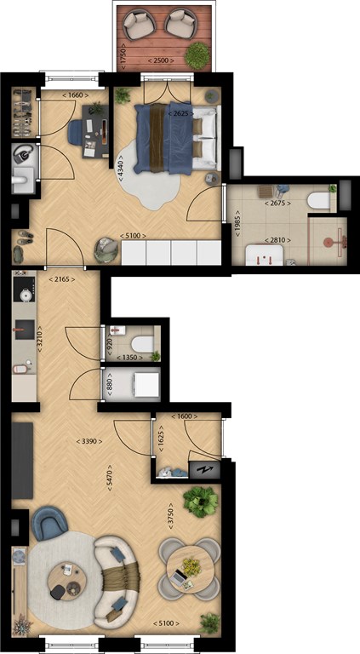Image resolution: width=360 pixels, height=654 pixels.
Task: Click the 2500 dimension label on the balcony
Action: pos(161,61)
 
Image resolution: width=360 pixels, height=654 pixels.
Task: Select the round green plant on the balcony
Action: pos(197,55)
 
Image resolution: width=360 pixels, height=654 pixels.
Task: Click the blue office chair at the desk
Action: pos(77,132)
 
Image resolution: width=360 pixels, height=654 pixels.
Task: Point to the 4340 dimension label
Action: pos(120,168)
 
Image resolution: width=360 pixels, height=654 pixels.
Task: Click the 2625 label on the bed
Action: pos(180,114)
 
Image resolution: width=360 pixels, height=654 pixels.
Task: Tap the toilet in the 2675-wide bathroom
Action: pos(319,202)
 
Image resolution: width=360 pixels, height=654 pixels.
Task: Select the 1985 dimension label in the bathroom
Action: pos(238,224)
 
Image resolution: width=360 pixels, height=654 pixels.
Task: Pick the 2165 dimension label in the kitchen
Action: pos(62,279)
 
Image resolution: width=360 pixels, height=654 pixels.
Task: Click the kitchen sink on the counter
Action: pos(24,330)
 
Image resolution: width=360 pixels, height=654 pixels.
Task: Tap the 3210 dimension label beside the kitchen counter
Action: pos(40,339)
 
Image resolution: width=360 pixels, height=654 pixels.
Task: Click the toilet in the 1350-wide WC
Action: pos(142,344)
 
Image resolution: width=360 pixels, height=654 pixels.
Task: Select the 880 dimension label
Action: pos(111,384)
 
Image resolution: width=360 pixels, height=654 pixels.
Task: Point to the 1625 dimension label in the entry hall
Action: pos(161,439)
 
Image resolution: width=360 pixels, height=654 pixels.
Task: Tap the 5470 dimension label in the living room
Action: pos(110,477)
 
